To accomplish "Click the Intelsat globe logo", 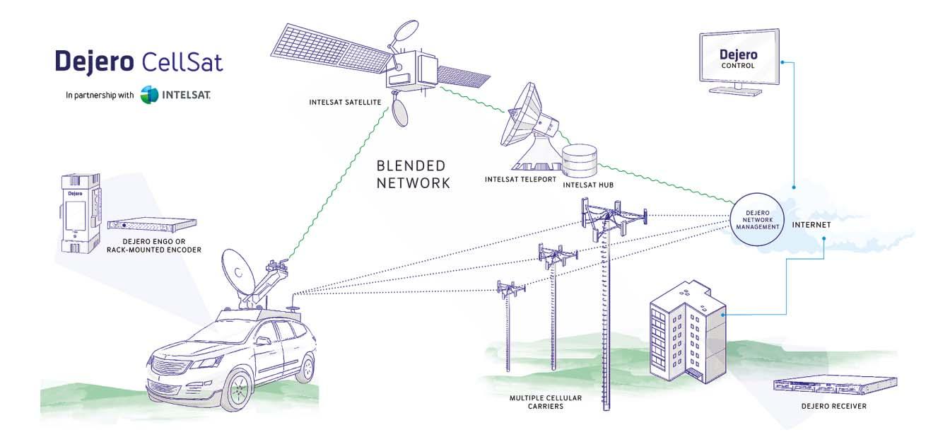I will [150, 95].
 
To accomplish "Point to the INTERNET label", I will [811, 225].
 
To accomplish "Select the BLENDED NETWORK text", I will [414, 174].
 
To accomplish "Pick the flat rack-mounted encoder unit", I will [152, 224].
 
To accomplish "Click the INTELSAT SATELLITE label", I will [346, 102].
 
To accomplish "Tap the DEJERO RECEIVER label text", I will [834, 406].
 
